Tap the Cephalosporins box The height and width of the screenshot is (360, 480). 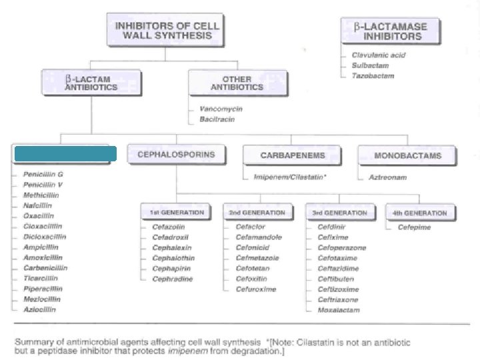click(x=176, y=155)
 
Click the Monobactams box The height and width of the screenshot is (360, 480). click(x=408, y=155)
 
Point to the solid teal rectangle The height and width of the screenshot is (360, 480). click(x=65, y=154)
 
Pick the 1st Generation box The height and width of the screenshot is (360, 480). click(x=177, y=213)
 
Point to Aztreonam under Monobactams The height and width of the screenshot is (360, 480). click(x=388, y=177)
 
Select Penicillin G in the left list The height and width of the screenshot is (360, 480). click(x=43, y=173)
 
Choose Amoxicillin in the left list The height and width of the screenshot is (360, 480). click(x=43, y=257)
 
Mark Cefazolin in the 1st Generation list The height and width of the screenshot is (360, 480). click(x=168, y=227)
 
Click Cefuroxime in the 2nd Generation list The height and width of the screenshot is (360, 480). click(x=256, y=289)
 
